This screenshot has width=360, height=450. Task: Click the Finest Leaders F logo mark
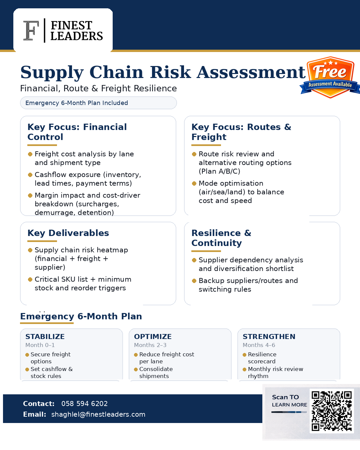coord(31,31)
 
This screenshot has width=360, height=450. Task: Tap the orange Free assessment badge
coord(330,77)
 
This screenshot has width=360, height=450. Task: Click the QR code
coord(331,411)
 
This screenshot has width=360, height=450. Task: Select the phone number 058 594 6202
coord(84,404)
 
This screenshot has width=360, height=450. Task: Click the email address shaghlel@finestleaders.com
coord(98,414)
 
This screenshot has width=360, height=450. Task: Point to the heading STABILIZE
coord(45,337)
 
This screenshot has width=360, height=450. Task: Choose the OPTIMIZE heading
coord(153,337)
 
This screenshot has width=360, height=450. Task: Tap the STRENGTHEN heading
coord(269,337)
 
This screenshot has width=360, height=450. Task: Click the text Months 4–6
coord(259,345)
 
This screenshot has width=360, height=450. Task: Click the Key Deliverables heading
coord(68,233)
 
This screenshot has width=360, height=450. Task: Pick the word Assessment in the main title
coord(251,72)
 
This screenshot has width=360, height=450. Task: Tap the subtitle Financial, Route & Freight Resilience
coord(98,88)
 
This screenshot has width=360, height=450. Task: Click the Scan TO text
coord(285,397)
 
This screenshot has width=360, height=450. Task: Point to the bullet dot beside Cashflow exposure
coord(30,175)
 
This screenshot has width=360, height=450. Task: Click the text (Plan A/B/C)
coord(219,171)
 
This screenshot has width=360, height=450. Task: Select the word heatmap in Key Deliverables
coord(111,250)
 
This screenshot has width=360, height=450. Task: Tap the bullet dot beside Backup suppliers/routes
coord(194,281)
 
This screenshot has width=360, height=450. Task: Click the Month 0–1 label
coord(40,345)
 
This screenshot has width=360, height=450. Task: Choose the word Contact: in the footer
coord(39,404)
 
